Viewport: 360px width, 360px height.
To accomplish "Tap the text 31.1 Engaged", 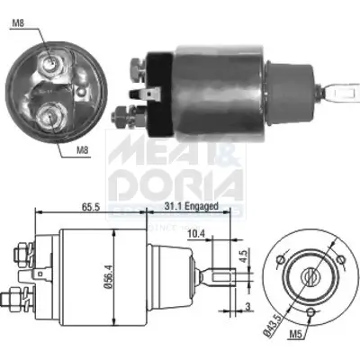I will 193,206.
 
